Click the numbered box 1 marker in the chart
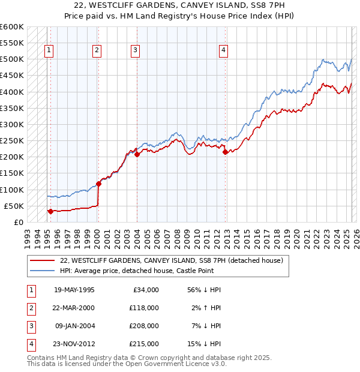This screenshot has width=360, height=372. tap(48, 51)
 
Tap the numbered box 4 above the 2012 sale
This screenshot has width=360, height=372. tap(223, 51)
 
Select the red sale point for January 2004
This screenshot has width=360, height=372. tap(137, 154)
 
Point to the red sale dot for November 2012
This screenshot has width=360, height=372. tap(225, 152)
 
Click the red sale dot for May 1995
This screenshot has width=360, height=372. tap(50, 211)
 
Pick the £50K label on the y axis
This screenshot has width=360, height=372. tap(13, 206)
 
